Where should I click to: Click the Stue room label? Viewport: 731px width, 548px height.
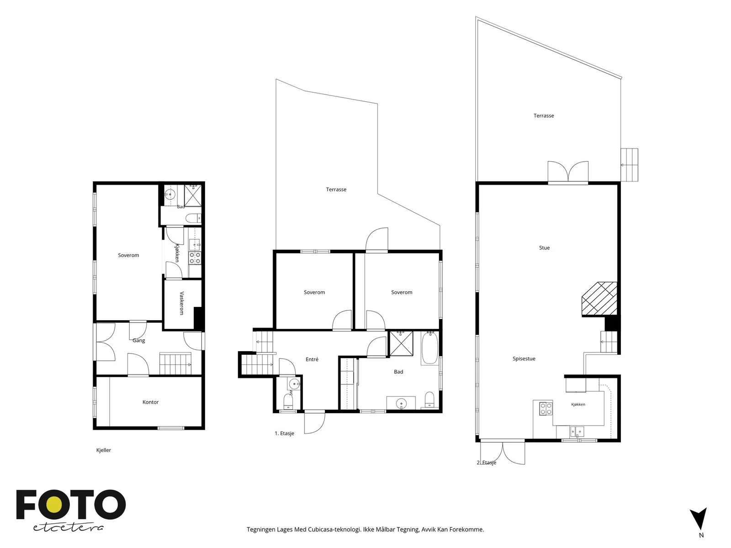544,248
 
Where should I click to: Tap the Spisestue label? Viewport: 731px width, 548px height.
524,358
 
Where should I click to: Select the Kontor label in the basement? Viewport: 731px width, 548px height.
150,402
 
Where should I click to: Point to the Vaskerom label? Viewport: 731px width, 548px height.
182,303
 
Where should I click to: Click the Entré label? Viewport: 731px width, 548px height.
312,359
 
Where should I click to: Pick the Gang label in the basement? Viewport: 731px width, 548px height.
138,340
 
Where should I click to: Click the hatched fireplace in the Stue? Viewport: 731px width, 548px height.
599,299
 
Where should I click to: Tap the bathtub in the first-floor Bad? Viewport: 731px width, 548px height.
429,348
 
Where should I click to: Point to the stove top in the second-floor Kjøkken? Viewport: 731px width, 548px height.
546,409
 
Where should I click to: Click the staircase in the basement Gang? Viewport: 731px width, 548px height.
175,364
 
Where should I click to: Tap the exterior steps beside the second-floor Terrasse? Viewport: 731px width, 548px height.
629,165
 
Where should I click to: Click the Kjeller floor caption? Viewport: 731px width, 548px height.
104,450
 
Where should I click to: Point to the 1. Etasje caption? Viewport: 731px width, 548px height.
284,433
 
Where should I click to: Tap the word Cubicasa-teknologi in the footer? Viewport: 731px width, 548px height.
335,529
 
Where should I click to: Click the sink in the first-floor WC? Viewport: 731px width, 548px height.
294,384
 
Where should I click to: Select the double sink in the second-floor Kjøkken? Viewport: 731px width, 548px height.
577,432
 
